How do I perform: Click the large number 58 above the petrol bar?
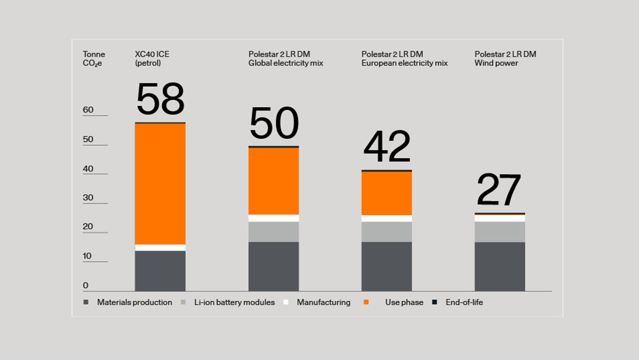(x=160, y=99)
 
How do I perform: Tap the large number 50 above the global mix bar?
(x=274, y=123)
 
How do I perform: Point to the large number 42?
(x=387, y=147)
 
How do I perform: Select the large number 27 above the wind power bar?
(x=499, y=190)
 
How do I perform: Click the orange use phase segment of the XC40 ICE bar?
(x=160, y=183)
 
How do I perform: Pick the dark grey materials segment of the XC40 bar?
(x=160, y=271)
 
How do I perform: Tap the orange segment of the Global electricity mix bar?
(x=274, y=181)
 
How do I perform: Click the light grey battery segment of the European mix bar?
(x=387, y=232)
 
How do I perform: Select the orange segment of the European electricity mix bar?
(x=387, y=193)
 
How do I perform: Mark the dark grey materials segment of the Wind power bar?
(x=500, y=266)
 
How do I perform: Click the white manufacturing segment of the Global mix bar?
(x=274, y=218)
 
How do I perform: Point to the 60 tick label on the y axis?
(x=88, y=110)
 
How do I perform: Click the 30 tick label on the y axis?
(x=88, y=198)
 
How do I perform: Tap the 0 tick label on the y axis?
(x=86, y=286)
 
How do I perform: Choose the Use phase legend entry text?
(x=404, y=302)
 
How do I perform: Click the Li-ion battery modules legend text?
(x=234, y=302)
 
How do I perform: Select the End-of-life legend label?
(x=464, y=302)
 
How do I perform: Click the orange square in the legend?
(x=366, y=302)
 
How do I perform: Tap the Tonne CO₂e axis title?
(x=94, y=58)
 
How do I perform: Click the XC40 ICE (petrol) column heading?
(x=152, y=58)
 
